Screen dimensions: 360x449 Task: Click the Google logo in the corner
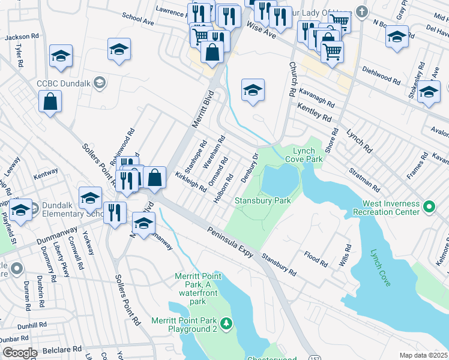(x=20, y=353)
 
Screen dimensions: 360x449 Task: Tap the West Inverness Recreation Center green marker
(x=429, y=208)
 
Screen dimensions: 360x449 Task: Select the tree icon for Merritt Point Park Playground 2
(x=226, y=325)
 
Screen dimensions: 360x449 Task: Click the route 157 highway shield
(x=316, y=356)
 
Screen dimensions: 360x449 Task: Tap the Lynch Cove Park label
(x=307, y=155)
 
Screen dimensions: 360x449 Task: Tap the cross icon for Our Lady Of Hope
(x=361, y=11)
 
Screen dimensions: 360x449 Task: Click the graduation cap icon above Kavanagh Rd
(x=253, y=91)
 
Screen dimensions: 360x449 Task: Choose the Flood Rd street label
(x=316, y=259)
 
